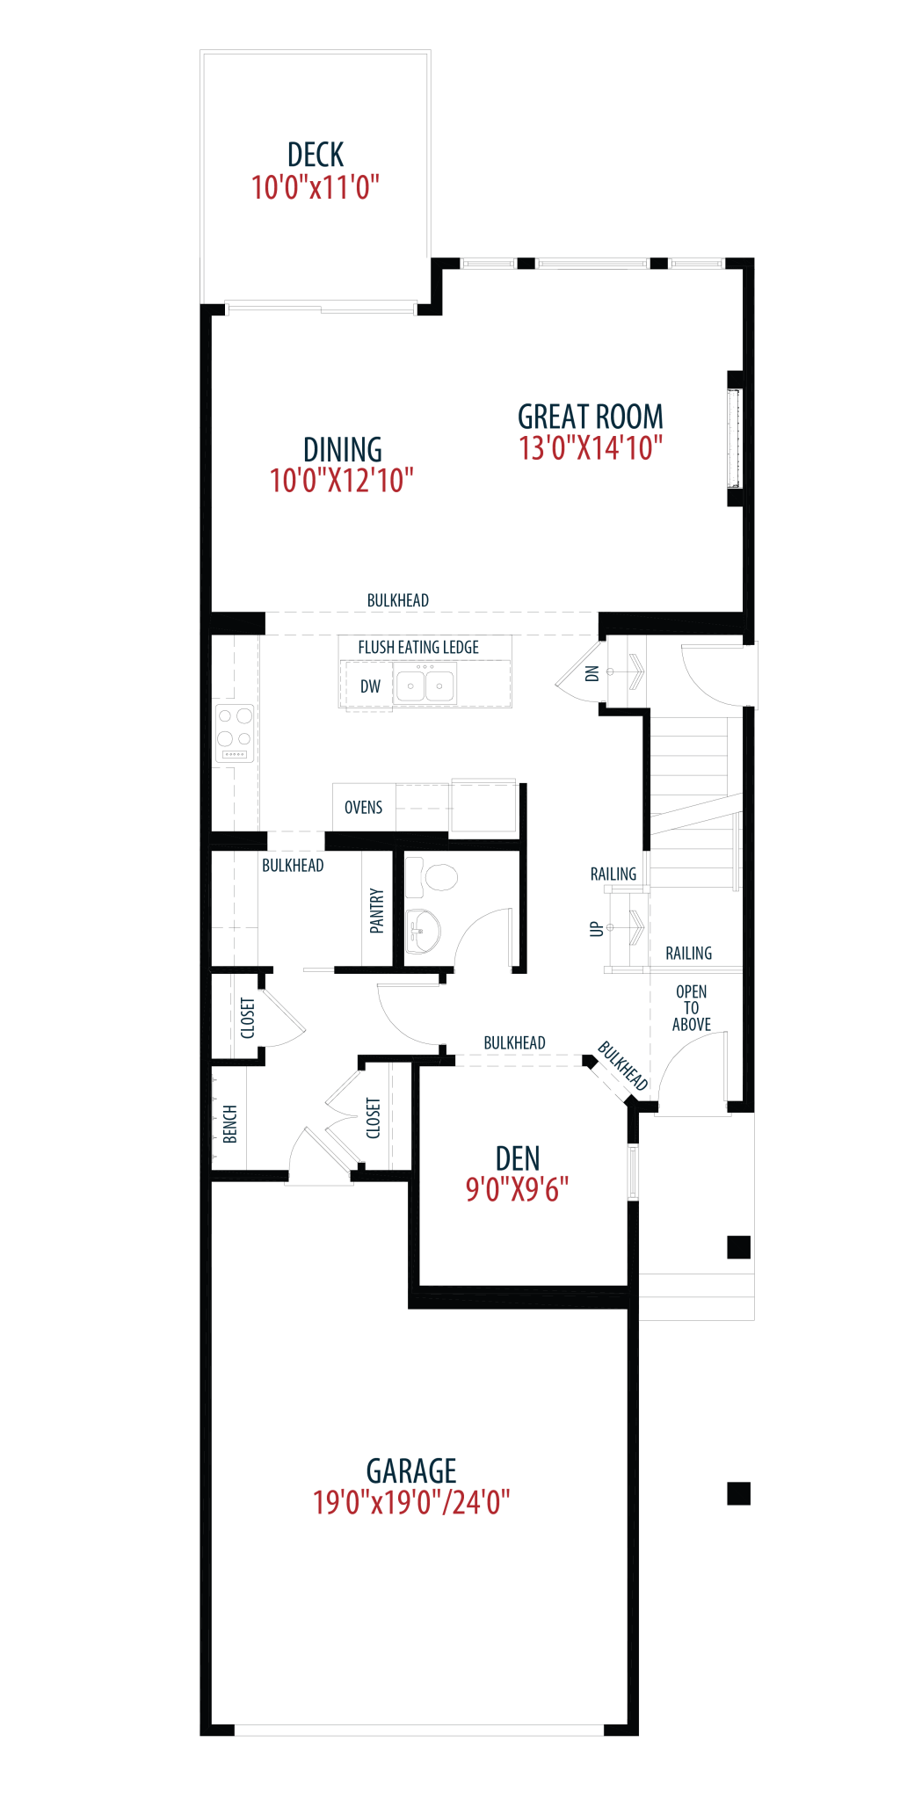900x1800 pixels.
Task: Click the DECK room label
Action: (316, 155)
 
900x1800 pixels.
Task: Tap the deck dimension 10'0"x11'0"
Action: (316, 187)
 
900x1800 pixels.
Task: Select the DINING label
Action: (342, 449)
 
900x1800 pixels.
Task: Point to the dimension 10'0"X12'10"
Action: (342, 481)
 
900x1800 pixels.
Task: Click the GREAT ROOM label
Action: (590, 416)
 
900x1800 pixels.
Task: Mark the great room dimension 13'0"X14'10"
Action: (590, 448)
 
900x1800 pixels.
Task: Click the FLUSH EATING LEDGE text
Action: (418, 648)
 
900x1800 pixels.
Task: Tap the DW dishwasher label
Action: (370, 686)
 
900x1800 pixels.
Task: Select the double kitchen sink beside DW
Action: (425, 685)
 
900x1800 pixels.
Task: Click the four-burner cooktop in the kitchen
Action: (235, 733)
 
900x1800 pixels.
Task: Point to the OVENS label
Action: (363, 807)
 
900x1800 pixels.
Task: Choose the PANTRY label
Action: (377, 911)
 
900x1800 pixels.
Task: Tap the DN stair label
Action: (592, 673)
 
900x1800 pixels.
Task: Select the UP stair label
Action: (597, 928)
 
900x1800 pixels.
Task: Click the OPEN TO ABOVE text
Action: (692, 1008)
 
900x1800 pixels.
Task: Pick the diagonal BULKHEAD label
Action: (623, 1065)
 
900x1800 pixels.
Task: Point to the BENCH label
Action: (230, 1124)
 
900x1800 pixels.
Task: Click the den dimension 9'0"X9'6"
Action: (517, 1190)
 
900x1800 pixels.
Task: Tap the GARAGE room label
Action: (411, 1471)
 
